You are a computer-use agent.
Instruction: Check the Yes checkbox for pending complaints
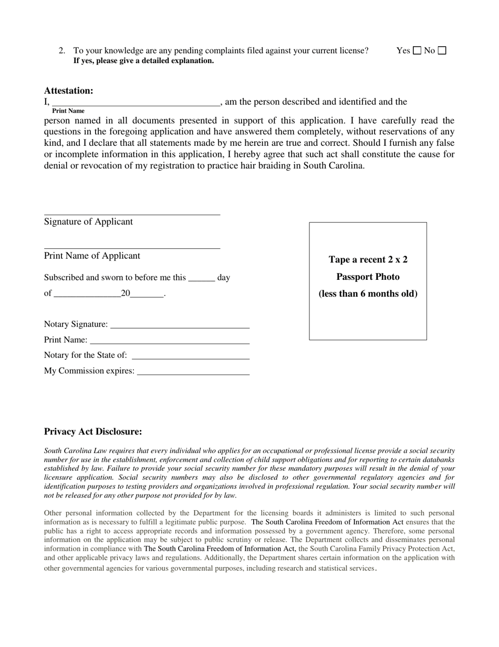click(417, 50)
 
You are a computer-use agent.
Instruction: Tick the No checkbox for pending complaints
click(442, 50)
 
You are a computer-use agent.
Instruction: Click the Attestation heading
click(68, 90)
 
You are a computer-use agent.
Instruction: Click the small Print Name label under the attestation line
click(68, 111)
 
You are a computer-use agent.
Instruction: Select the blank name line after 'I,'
click(136, 103)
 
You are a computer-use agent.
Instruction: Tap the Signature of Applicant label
click(88, 221)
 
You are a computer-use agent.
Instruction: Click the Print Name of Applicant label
click(92, 256)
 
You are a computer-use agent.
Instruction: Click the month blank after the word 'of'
click(87, 295)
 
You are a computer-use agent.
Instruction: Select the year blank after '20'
click(147, 295)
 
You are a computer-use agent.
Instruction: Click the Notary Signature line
click(180, 325)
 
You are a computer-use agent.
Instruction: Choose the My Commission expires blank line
click(193, 372)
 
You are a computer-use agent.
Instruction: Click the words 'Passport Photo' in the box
click(368, 277)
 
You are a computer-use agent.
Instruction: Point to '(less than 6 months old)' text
click(368, 294)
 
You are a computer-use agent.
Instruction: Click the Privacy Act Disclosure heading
click(93, 432)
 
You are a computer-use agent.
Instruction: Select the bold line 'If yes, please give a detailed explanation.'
click(143, 60)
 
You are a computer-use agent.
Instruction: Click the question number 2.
click(62, 50)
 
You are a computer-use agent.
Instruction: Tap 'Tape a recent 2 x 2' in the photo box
click(368, 259)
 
